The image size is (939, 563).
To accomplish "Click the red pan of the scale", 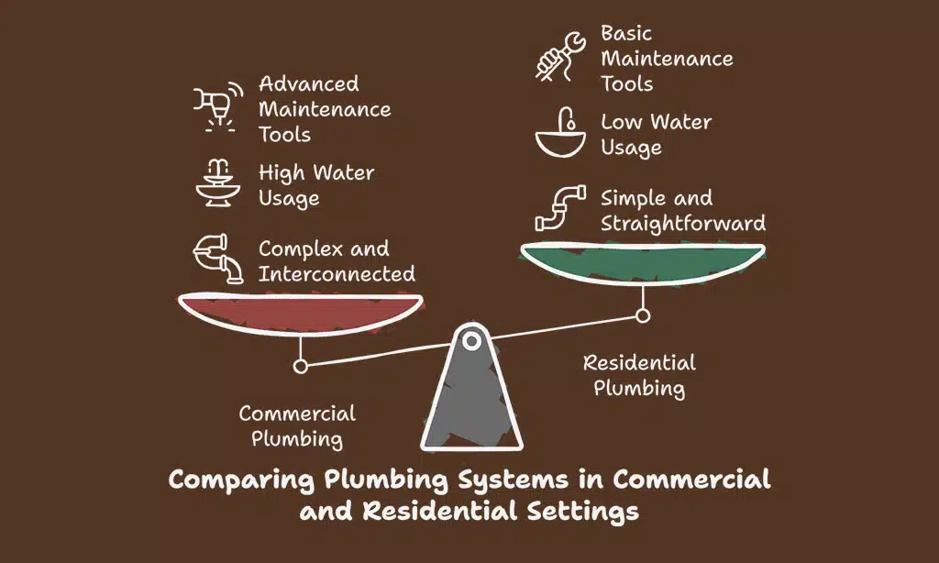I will click(x=300, y=310).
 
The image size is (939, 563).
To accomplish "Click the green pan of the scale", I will click(x=642, y=260).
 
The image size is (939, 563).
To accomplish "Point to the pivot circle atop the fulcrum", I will click(x=471, y=342).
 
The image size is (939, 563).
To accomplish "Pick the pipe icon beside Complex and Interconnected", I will click(x=218, y=259).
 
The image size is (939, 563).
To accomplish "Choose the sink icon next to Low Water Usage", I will click(x=560, y=133).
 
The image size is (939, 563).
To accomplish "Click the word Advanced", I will click(x=309, y=84).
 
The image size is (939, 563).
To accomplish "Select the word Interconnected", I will click(x=337, y=273).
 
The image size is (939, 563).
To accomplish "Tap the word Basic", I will click(x=626, y=34).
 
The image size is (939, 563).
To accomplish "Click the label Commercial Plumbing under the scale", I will click(x=297, y=425).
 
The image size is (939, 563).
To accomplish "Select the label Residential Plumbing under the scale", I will click(x=639, y=375).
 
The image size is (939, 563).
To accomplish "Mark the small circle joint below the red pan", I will click(x=300, y=365).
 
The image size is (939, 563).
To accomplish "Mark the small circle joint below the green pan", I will click(x=643, y=315).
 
